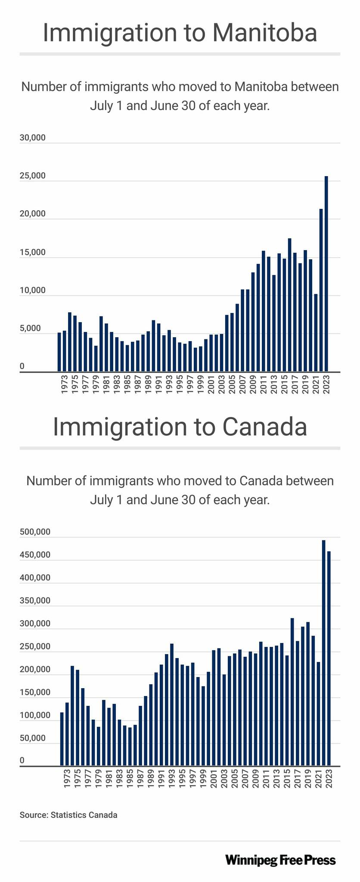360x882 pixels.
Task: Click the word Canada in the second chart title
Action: tap(264, 427)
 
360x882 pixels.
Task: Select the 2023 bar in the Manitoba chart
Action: tap(326, 273)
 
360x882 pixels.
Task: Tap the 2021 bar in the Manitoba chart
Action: tap(316, 332)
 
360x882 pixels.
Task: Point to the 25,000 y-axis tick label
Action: tap(33, 176)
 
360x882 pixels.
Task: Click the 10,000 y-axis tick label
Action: tap(33, 291)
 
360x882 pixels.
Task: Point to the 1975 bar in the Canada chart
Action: tap(78, 718)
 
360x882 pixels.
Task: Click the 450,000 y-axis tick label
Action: tap(35, 555)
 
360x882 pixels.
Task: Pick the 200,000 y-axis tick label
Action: tap(35, 670)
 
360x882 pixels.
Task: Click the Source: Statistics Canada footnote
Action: tap(68, 815)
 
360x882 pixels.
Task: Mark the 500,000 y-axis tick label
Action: tap(35, 532)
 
